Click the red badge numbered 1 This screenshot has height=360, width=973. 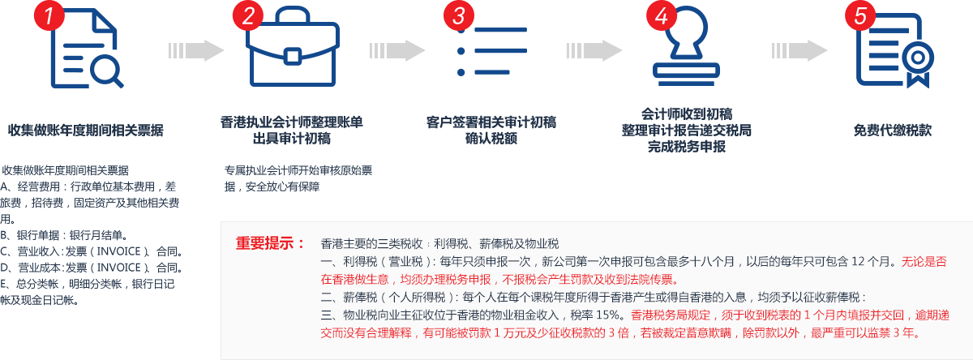(49, 17)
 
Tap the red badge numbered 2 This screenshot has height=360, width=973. (248, 17)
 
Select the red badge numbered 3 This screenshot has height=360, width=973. (459, 17)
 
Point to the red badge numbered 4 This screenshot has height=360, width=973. (662, 17)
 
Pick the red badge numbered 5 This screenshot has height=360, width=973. (860, 17)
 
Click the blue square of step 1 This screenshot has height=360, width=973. (88, 49)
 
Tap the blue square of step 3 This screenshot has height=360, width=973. (492, 51)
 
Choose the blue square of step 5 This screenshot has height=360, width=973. (895, 50)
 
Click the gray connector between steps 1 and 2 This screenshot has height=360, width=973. (196, 50)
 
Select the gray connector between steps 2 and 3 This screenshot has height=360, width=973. (397, 50)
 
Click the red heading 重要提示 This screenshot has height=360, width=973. (270, 243)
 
